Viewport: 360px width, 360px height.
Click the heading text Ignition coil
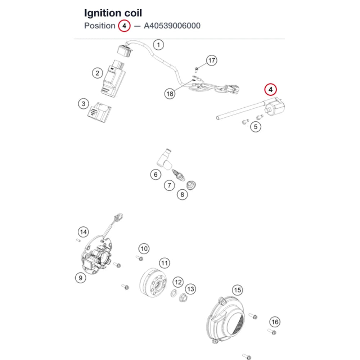click(113, 13)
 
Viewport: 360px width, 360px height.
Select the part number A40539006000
click(172, 26)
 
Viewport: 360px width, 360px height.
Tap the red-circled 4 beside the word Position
click(124, 26)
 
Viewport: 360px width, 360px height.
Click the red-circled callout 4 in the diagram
click(270, 90)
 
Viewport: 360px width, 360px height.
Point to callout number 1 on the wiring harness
click(158, 45)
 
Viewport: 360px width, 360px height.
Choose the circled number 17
click(211, 60)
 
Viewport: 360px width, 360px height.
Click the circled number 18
click(170, 94)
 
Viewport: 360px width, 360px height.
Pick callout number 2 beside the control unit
click(97, 73)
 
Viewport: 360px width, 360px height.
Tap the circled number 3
click(84, 104)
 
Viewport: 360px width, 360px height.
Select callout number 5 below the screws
click(256, 127)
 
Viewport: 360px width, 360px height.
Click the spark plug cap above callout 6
click(164, 159)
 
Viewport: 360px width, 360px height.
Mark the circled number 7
click(170, 185)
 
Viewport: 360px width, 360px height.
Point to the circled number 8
click(182, 195)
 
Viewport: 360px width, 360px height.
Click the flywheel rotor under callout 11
click(153, 283)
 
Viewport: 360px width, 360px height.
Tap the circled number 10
click(144, 249)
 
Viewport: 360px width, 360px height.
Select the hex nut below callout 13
click(183, 298)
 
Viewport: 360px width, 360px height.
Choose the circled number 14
click(84, 232)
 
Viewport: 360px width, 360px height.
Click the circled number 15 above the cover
click(238, 290)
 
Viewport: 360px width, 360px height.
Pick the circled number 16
click(275, 322)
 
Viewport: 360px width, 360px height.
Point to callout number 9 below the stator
click(81, 278)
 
